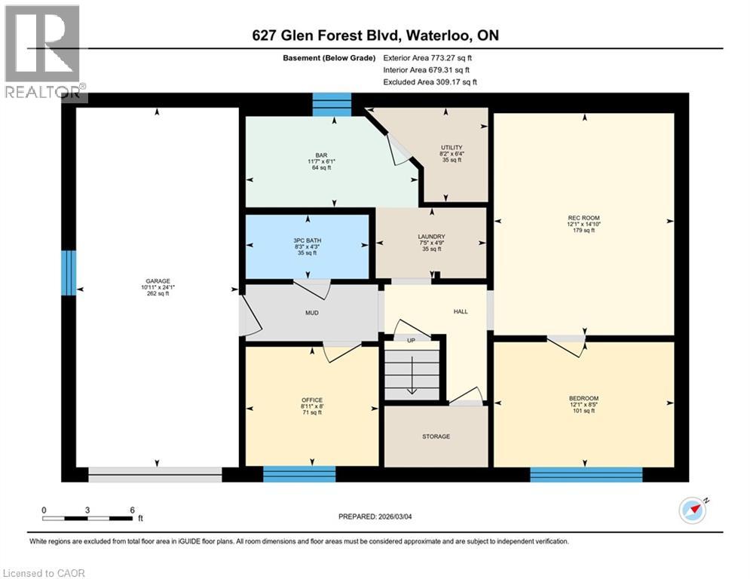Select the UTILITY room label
pyautogui.click(x=452, y=148)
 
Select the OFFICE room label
pyautogui.click(x=312, y=400)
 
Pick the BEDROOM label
pyautogui.click(x=583, y=398)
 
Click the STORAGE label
pyautogui.click(x=436, y=437)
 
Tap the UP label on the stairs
pyautogui.click(x=411, y=340)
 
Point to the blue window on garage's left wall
pyautogui.click(x=69, y=272)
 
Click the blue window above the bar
pyautogui.click(x=332, y=104)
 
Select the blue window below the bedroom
pyautogui.click(x=586, y=474)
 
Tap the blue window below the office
pyautogui.click(x=299, y=474)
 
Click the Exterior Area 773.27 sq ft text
pyautogui.click(x=430, y=57)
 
